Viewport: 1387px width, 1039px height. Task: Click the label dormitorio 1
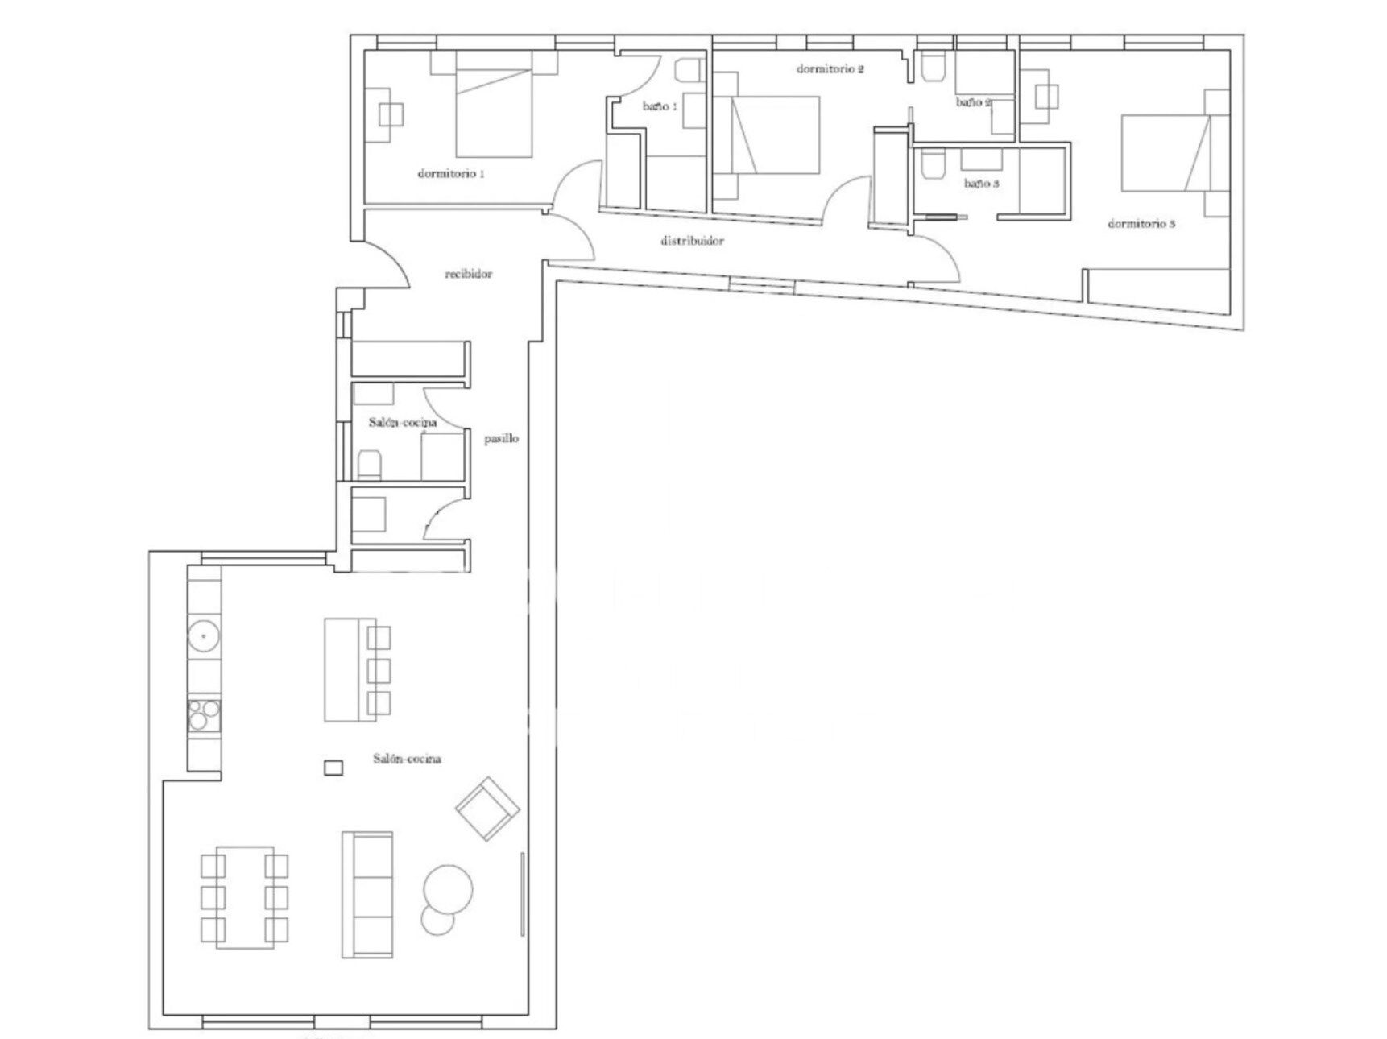(451, 173)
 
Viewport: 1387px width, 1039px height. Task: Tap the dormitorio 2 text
(830, 69)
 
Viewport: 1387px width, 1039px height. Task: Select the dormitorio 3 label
(1141, 223)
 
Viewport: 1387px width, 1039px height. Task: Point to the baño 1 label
(660, 106)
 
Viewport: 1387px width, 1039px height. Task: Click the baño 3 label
(982, 184)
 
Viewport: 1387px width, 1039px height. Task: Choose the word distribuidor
(692, 241)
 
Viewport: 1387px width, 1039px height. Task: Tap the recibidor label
(469, 274)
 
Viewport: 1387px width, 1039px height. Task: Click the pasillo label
(501, 439)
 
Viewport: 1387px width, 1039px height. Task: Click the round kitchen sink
(204, 636)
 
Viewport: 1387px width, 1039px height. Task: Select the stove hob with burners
(205, 714)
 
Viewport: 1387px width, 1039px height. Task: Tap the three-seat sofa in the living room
(367, 894)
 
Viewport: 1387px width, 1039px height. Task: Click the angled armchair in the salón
(486, 809)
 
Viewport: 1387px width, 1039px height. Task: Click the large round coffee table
(448, 890)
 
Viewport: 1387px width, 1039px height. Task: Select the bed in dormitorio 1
(494, 104)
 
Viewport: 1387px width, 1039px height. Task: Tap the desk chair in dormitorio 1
(392, 115)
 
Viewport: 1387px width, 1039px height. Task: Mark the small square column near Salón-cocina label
(333, 768)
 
